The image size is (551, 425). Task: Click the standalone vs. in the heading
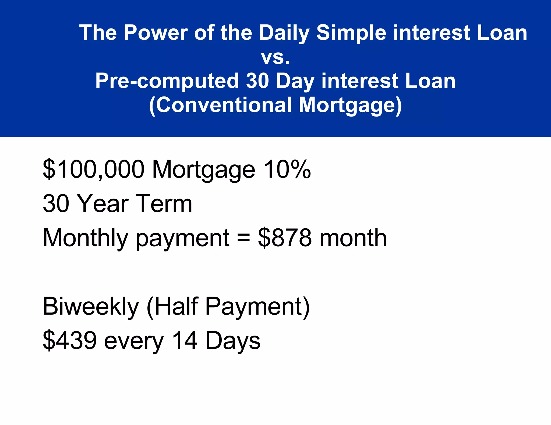point(275,57)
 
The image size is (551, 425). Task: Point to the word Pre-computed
point(167,81)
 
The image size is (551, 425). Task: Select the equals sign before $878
point(243,238)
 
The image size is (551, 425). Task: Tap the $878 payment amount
point(285,238)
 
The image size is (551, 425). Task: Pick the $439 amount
point(70,341)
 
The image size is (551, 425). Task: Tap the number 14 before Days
point(185,341)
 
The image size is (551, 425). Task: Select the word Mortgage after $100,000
point(203,170)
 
